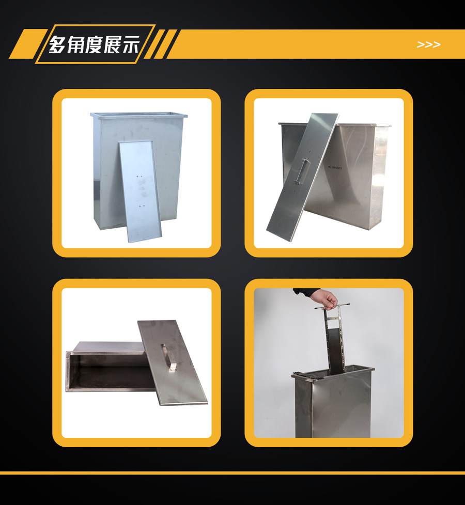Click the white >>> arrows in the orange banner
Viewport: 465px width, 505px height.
428,45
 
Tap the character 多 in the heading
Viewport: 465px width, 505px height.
58,44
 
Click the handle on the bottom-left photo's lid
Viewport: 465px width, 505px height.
168,357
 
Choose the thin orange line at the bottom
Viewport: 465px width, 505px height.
233,473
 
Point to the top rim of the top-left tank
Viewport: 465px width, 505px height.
138,115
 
